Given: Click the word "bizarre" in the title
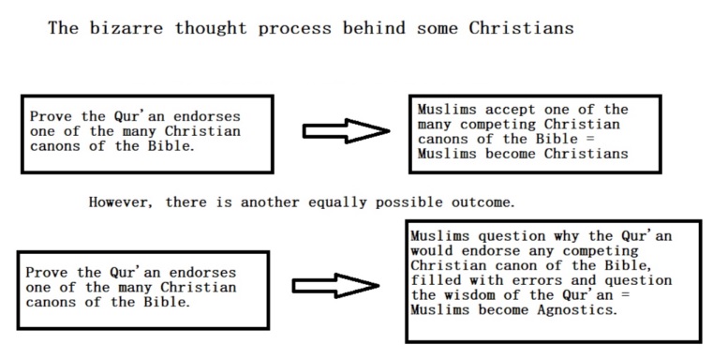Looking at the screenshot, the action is tap(126, 28).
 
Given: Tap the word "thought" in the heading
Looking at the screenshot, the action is tap(211, 28).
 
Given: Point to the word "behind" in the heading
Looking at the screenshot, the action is tap(374, 28).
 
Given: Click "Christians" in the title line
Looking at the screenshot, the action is tap(521, 28).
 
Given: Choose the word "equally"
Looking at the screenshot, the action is tap(337, 202).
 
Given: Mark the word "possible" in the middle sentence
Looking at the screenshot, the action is tap(408, 202).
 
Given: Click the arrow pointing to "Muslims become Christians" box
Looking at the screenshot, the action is tap(346, 131).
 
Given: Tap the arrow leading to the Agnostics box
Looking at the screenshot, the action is tap(335, 286).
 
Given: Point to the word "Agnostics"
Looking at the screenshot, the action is tap(577, 310).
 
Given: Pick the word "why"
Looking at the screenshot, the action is tap(567, 236).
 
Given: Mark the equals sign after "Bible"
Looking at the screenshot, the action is tap(590, 140).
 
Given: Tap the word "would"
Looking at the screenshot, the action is tap(432, 250).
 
